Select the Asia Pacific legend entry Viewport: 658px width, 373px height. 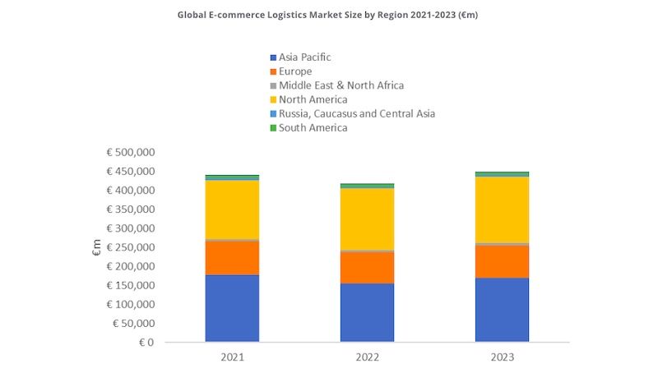click(304, 58)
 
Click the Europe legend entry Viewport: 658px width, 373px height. click(295, 71)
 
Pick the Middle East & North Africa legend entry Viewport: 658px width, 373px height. click(341, 85)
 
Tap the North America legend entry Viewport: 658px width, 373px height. click(313, 99)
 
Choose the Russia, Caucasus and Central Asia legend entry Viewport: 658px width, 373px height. click(356, 113)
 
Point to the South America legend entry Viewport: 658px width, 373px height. click(313, 127)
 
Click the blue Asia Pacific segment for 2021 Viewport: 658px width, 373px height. click(232, 308)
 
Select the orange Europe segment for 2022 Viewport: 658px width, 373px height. click(367, 267)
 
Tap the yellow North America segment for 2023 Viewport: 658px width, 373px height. click(502, 210)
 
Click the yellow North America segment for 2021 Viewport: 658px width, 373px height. click(232, 210)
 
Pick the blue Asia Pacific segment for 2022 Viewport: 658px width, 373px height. click(367, 312)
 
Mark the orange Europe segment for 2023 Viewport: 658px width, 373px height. click(502, 261)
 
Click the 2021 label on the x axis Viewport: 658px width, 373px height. click(232, 358)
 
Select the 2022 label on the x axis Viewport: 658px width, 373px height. click(367, 358)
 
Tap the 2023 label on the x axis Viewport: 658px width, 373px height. click(502, 358)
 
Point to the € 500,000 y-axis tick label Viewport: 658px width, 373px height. click(130, 153)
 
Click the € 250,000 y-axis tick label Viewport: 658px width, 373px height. click(130, 247)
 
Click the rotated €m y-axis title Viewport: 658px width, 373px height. click(97, 247)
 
